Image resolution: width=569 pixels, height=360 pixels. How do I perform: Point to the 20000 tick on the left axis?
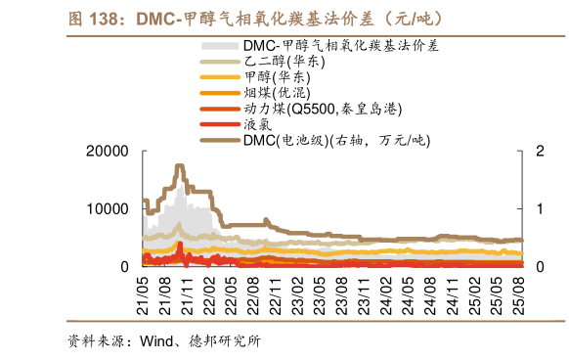coord(109,151)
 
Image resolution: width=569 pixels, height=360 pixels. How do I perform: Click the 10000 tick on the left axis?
coord(109,208)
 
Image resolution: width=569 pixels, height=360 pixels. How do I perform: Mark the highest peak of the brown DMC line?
coord(180,166)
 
